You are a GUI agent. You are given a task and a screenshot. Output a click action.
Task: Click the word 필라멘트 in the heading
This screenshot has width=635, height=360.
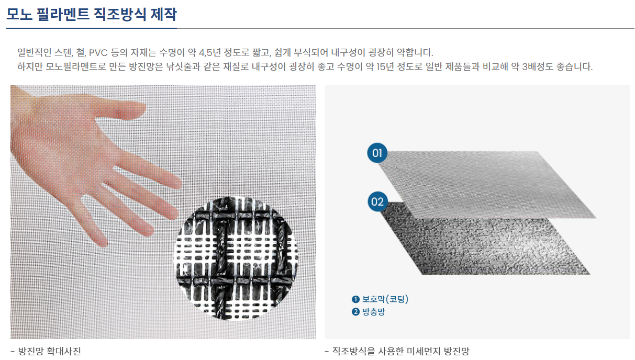pyautogui.click(x=63, y=14)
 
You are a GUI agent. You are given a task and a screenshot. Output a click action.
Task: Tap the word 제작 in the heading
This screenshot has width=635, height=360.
pyautogui.click(x=163, y=14)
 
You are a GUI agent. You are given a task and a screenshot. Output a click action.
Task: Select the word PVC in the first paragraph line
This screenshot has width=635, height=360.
pyautogui.click(x=98, y=53)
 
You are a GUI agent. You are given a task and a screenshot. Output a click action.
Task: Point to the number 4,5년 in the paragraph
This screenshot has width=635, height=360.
pyautogui.click(x=209, y=53)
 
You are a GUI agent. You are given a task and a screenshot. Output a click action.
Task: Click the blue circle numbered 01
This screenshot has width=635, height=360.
pyautogui.click(x=377, y=153)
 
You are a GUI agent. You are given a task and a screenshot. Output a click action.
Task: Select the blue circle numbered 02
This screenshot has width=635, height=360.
pyautogui.click(x=377, y=201)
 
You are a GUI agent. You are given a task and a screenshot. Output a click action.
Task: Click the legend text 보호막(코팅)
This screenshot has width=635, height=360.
pyautogui.click(x=385, y=299)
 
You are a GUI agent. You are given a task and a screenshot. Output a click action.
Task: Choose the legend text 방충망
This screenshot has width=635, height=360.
pyautogui.click(x=374, y=312)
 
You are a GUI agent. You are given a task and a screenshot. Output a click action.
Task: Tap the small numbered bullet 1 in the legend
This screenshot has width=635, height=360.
pyautogui.click(x=355, y=299)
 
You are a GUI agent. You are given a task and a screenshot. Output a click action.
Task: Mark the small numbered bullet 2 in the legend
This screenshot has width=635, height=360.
pyautogui.click(x=355, y=312)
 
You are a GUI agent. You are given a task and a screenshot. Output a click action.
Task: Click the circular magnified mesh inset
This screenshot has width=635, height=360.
pyautogui.click(x=236, y=258)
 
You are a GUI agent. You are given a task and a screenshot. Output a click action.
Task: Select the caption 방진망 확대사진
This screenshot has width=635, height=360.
pyautogui.click(x=50, y=351)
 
